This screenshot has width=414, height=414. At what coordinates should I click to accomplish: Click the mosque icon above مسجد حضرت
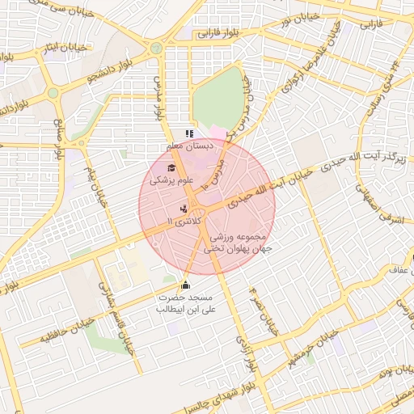(x=186, y=285)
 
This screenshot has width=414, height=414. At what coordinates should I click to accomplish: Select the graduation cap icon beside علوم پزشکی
(x=171, y=167)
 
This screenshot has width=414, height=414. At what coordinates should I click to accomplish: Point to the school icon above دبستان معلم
(x=189, y=134)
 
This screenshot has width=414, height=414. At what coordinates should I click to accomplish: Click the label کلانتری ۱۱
(x=179, y=221)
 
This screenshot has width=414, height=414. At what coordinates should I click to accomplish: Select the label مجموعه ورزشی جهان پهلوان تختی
(x=242, y=244)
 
